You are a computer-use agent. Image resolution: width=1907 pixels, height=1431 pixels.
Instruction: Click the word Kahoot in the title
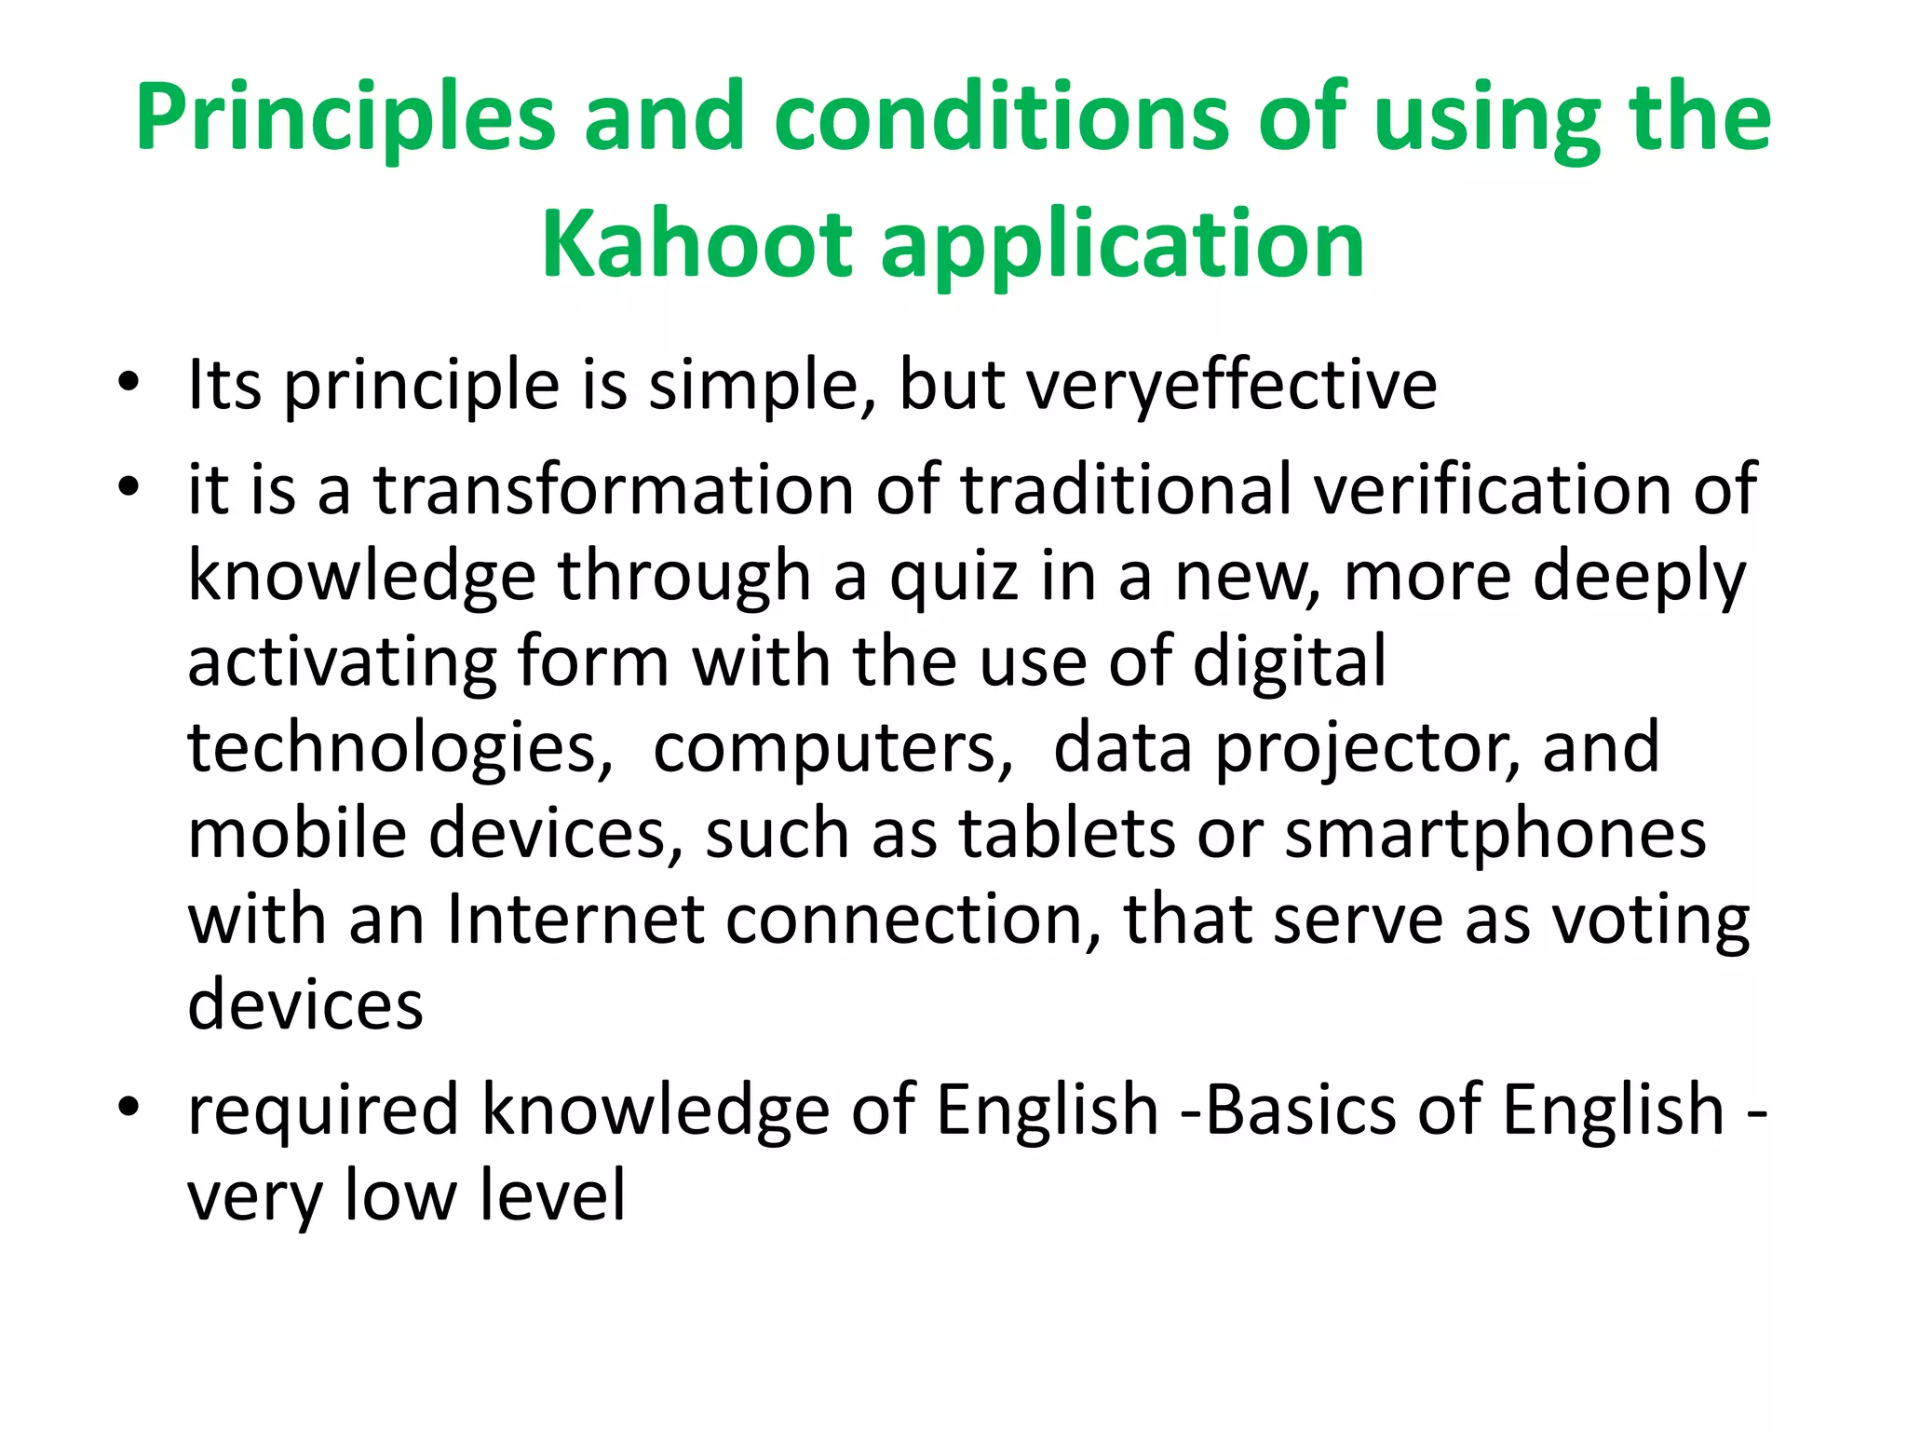(697, 244)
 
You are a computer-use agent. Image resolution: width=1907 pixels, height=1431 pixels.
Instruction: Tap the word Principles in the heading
(345, 118)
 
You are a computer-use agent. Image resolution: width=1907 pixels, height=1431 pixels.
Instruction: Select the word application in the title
(1121, 244)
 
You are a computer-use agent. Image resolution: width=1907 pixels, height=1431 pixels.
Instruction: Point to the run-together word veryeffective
(1231, 384)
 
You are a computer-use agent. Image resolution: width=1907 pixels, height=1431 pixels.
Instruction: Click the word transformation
(614, 489)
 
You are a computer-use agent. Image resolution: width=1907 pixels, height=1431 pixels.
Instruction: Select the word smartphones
(1495, 835)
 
